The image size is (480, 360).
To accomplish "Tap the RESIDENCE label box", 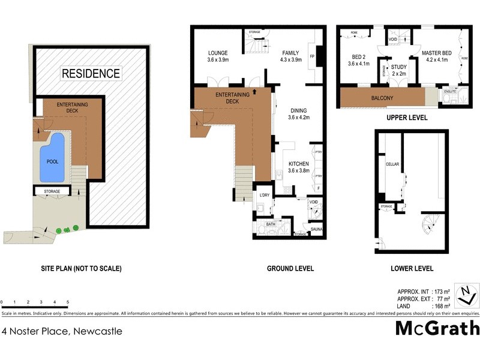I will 91,73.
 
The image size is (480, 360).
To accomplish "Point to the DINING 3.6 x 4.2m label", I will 298,114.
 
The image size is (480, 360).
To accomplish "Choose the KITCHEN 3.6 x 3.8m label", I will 298,167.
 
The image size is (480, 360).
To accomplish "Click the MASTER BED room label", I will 437,55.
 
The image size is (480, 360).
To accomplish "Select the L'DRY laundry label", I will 264,195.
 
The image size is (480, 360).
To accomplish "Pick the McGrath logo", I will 437,328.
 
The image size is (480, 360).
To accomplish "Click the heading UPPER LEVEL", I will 407,118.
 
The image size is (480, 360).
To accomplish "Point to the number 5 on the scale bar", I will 68,302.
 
